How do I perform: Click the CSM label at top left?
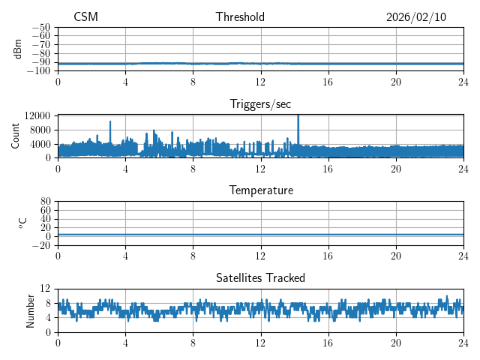tap(85, 17)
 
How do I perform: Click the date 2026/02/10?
tap(416, 17)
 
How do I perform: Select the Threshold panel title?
tap(240, 17)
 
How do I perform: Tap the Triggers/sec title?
tap(260, 103)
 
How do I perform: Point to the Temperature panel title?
tap(260, 190)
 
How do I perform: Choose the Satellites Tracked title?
tap(260, 277)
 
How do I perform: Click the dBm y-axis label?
tap(18, 49)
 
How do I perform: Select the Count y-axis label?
tap(16, 136)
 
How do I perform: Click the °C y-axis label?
tap(22, 223)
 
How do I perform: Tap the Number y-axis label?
tap(31, 310)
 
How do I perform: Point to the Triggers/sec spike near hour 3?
tap(110, 122)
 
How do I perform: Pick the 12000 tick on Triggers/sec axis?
tap(37, 115)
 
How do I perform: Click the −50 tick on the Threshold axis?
tap(41, 27)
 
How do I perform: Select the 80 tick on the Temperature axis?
tap(46, 202)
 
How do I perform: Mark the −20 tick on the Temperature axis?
tap(41, 245)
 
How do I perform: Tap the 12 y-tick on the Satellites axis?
tap(46, 289)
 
